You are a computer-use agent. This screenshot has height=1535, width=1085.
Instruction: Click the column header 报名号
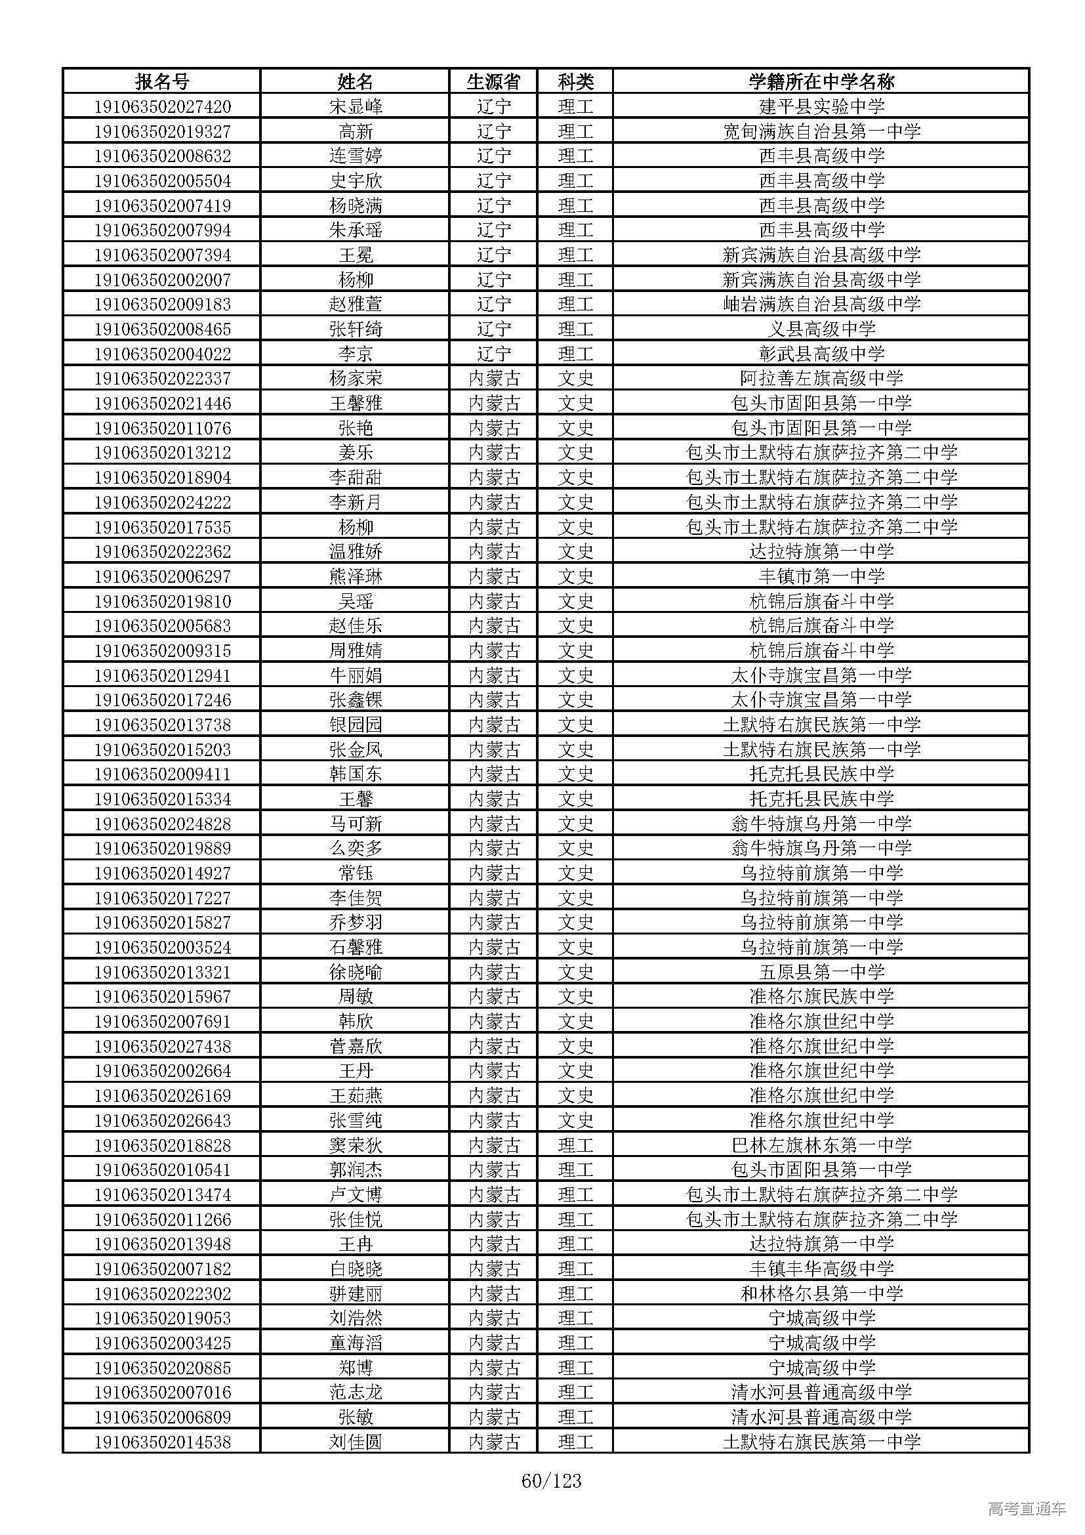click(x=161, y=81)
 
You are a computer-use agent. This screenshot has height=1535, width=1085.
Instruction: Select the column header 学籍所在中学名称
click(x=821, y=81)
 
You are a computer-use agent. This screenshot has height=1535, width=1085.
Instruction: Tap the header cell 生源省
click(x=493, y=81)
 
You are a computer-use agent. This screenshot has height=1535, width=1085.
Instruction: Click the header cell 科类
click(x=575, y=81)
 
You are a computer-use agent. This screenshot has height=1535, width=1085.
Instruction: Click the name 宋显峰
click(x=356, y=106)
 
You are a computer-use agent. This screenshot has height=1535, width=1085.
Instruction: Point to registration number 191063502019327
click(x=162, y=131)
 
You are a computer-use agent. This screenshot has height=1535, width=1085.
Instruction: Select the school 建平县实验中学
click(x=821, y=106)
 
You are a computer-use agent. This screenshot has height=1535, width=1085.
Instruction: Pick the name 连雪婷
click(x=356, y=156)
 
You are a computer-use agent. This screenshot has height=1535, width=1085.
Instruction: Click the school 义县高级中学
click(x=821, y=329)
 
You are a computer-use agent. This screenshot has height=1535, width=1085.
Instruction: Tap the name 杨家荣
click(x=356, y=379)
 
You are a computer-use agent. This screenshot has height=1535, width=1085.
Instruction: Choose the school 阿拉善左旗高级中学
click(x=821, y=379)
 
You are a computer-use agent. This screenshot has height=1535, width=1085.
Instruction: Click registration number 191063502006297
click(x=162, y=576)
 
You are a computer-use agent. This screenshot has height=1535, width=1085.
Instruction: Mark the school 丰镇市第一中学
click(x=821, y=576)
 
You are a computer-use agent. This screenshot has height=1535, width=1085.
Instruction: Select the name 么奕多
click(x=356, y=849)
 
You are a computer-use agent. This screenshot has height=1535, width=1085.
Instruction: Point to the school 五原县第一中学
click(x=821, y=972)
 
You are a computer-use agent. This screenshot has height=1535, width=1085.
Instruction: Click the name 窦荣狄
click(x=356, y=1145)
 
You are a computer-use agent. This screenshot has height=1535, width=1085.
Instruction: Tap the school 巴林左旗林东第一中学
click(x=821, y=1145)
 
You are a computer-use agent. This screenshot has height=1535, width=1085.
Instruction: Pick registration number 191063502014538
click(x=162, y=1442)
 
